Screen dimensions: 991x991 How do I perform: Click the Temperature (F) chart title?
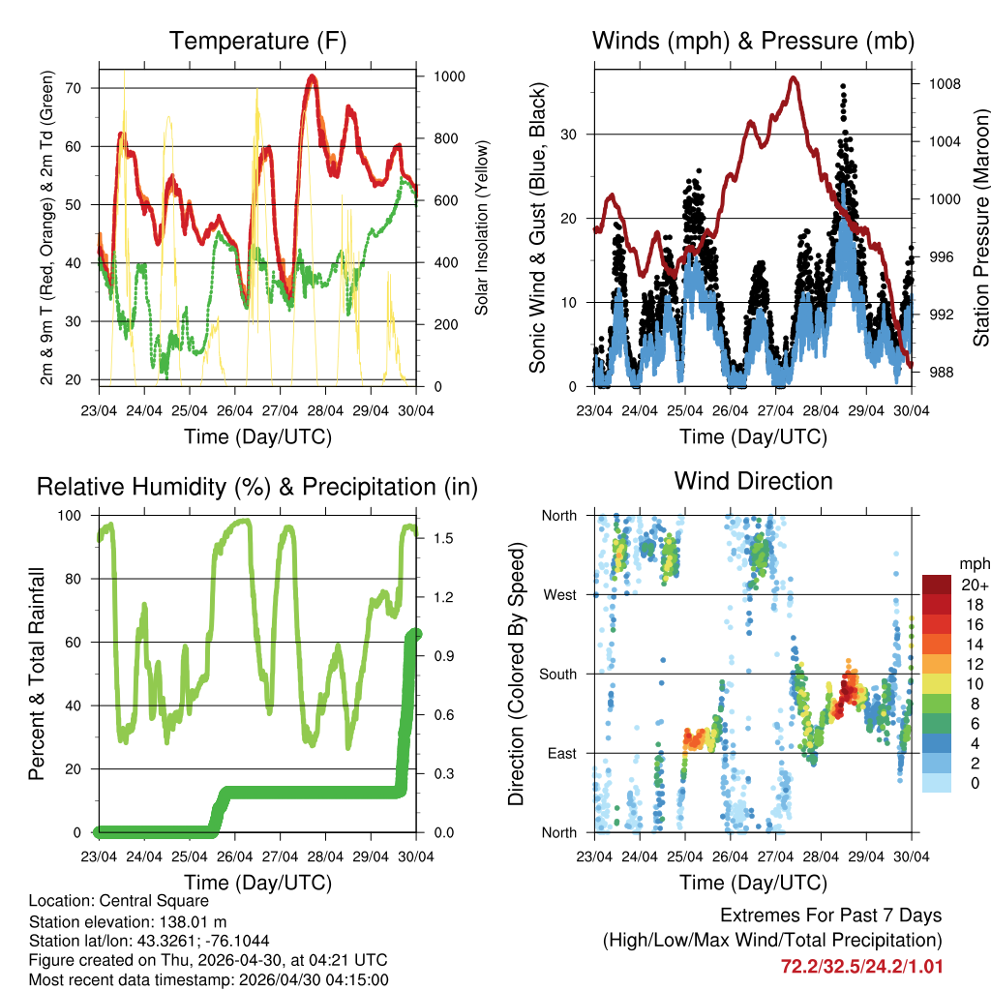tap(257, 42)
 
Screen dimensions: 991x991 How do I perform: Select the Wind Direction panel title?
tap(753, 481)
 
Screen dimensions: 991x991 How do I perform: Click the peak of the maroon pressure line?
tap(795, 77)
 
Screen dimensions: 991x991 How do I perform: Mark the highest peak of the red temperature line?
tap(311, 76)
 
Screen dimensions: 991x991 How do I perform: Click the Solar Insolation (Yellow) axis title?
tap(481, 227)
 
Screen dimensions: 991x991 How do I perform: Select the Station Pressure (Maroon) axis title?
tap(980, 227)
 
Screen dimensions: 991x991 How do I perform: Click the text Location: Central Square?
tap(118, 900)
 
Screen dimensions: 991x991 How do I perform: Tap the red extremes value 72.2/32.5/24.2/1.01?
tap(860, 966)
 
